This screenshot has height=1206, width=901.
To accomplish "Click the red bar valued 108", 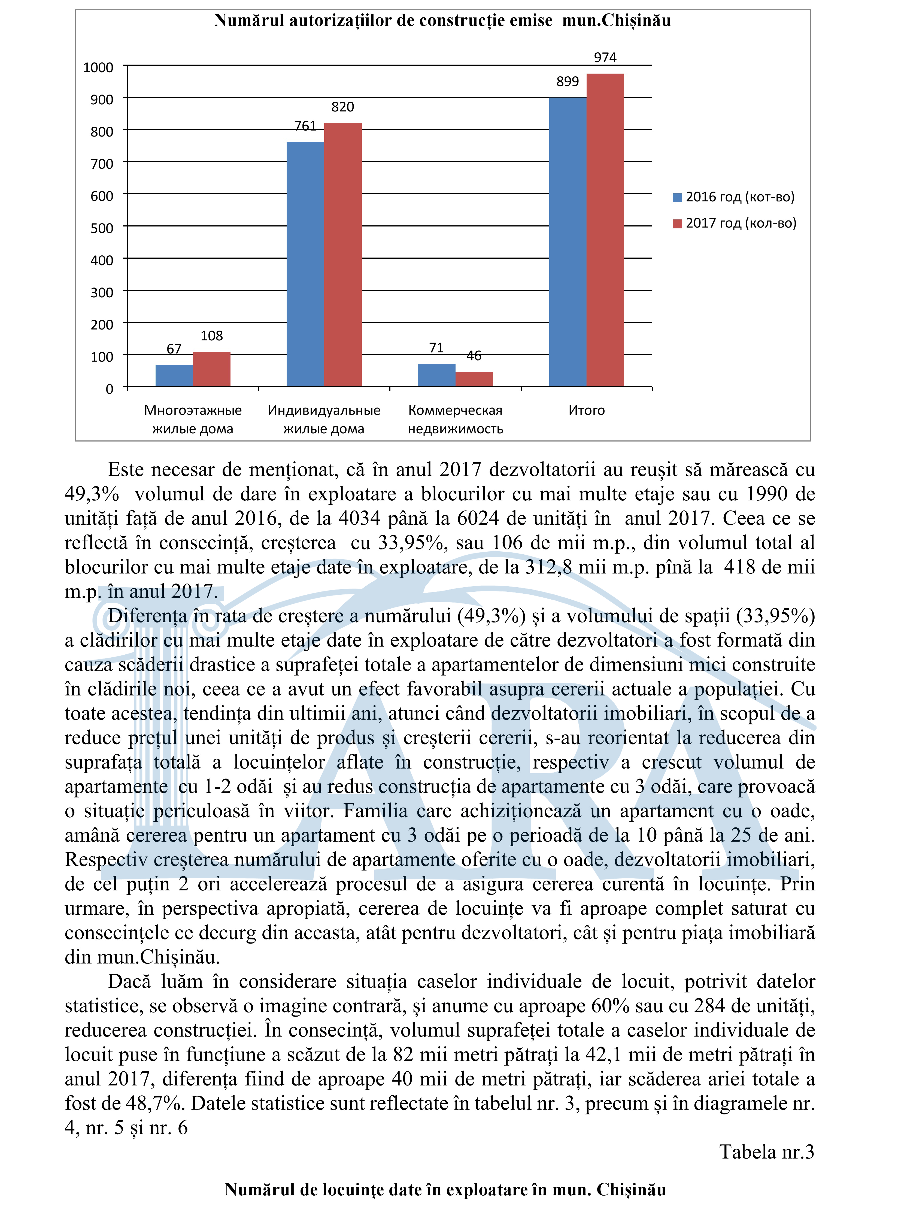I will pyautogui.click(x=211, y=369).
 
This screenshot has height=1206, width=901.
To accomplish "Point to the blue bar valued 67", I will pyautogui.click(x=174, y=376).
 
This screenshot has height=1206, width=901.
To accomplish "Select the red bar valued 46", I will pyautogui.click(x=474, y=379).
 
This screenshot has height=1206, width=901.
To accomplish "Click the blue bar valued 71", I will pyautogui.click(x=436, y=375).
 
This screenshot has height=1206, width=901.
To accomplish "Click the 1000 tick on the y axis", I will pyautogui.click(x=98, y=68).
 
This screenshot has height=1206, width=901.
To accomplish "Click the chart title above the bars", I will pyautogui.click(x=442, y=21).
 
